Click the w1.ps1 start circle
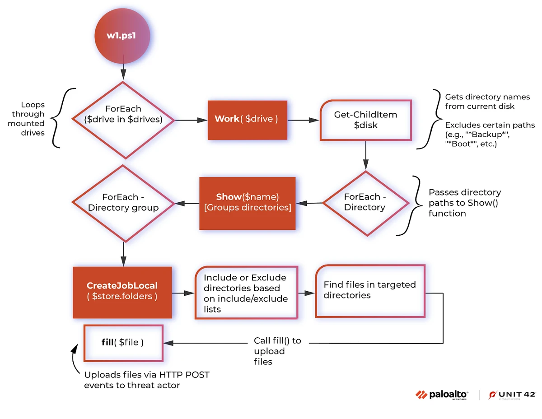pyautogui.click(x=121, y=36)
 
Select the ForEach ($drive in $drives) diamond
pyautogui.click(x=123, y=120)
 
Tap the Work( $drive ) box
pyautogui.click(x=247, y=119)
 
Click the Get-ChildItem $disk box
pyautogui.click(x=365, y=120)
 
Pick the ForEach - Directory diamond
pyautogui.click(x=364, y=203)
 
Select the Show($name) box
pyautogui.click(x=247, y=203)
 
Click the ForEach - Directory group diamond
pyautogui.click(x=123, y=203)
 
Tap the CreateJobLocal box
pyautogui.click(x=122, y=292)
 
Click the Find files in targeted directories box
pyautogui.click(x=370, y=291)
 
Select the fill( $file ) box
pyautogui.click(x=123, y=343)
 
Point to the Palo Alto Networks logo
pyautogui.click(x=441, y=395)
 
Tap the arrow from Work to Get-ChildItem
pyautogui.click(x=304, y=120)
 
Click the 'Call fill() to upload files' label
pyautogui.click(x=277, y=351)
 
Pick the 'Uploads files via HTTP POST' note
pyautogui.click(x=147, y=380)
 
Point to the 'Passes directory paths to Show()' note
pyautogui.click(x=464, y=203)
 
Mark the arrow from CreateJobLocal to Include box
pyautogui.click(x=183, y=293)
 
